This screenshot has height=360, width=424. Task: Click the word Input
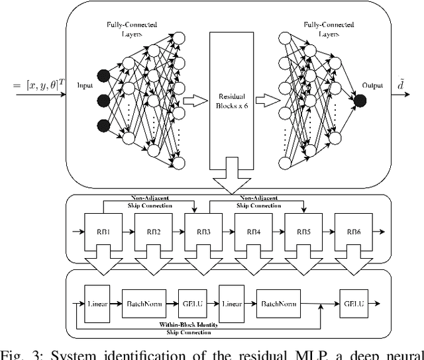pyautogui.click(x=85, y=85)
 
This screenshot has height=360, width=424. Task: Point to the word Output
pyautogui.click(x=372, y=85)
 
